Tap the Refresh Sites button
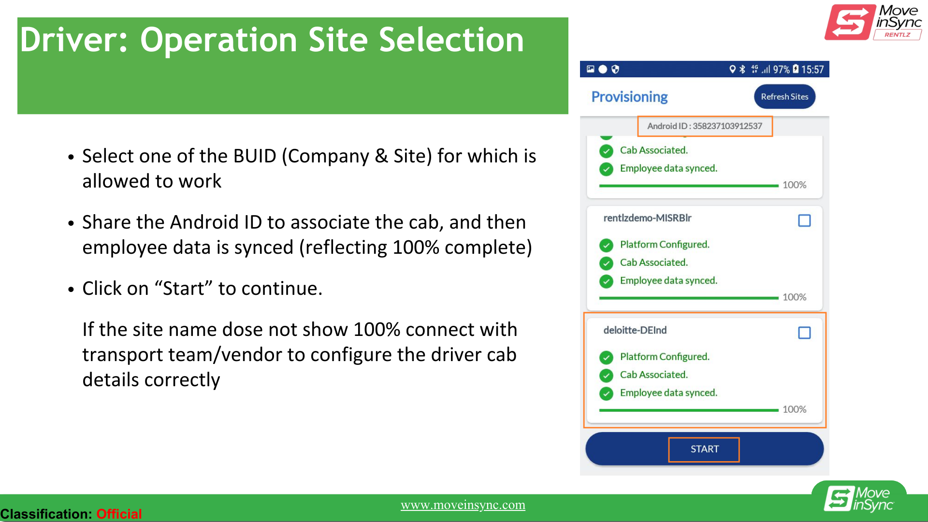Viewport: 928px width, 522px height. pyautogui.click(x=784, y=97)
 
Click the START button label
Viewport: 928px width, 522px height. pyautogui.click(x=705, y=449)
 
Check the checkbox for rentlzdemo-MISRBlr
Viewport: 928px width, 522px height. pyautogui.click(x=804, y=220)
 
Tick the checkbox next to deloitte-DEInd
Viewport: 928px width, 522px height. pyautogui.click(x=804, y=333)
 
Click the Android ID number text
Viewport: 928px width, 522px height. pyautogui.click(x=727, y=126)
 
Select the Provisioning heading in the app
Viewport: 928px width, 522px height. pyautogui.click(x=629, y=97)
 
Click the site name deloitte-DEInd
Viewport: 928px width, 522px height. pyautogui.click(x=635, y=330)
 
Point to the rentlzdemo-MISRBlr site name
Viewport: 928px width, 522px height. pyautogui.click(x=647, y=218)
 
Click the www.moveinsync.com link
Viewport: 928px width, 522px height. pyautogui.click(x=463, y=505)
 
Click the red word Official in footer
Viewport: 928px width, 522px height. pyautogui.click(x=119, y=514)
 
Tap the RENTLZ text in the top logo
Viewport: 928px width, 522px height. pyautogui.click(x=898, y=35)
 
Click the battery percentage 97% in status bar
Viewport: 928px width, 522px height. pyautogui.click(x=781, y=70)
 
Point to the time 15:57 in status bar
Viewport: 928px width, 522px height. pyautogui.click(x=812, y=70)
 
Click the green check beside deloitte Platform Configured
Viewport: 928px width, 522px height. pyautogui.click(x=606, y=357)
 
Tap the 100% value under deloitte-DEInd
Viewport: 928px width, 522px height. pyautogui.click(x=795, y=409)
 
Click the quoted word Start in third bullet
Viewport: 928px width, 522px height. pyautogui.click(x=184, y=289)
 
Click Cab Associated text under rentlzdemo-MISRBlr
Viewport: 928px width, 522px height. pyautogui.click(x=654, y=262)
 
